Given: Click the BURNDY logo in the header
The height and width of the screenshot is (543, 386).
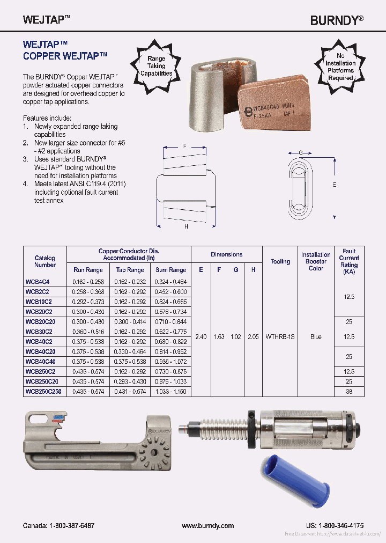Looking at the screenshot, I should [x=337, y=20].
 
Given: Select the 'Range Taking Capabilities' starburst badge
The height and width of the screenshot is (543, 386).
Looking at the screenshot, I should [x=156, y=66].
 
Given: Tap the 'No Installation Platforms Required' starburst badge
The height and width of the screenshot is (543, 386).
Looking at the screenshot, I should [x=340, y=67].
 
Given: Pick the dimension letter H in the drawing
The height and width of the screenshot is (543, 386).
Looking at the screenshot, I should [x=185, y=226].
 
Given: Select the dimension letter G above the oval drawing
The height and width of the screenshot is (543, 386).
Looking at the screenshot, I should [x=301, y=153].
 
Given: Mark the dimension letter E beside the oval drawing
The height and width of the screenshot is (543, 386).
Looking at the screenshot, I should [x=335, y=185].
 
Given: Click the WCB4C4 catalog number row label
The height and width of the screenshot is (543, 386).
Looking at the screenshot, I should [x=38, y=281].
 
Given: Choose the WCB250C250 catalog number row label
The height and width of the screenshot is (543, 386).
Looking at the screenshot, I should [x=43, y=392].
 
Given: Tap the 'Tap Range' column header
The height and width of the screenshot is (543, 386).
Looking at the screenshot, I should [x=130, y=270].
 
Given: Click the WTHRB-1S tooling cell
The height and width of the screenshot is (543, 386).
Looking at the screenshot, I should [x=280, y=336].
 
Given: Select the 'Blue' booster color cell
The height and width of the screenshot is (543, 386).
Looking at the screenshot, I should [x=316, y=336].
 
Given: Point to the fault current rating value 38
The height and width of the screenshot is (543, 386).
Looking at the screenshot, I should [x=349, y=392].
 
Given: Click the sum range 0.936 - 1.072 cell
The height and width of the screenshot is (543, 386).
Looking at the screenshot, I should [x=170, y=362].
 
